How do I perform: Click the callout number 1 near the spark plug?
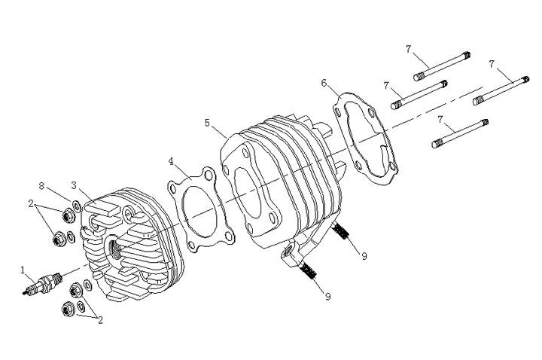(x=23, y=269)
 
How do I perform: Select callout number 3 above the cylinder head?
(x=74, y=185)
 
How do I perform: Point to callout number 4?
(x=172, y=161)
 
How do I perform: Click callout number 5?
(x=207, y=121)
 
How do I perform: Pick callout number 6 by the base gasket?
(x=324, y=82)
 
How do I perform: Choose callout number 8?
(x=43, y=185)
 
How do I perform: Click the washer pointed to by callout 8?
(x=78, y=206)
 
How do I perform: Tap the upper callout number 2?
(x=32, y=204)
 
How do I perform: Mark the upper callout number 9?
(x=364, y=256)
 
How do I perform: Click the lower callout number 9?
(x=327, y=296)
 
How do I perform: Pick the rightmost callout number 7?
(x=492, y=65)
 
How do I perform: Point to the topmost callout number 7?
(x=408, y=49)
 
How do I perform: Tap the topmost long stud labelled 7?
(x=442, y=65)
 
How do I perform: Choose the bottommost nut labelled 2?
(x=65, y=307)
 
